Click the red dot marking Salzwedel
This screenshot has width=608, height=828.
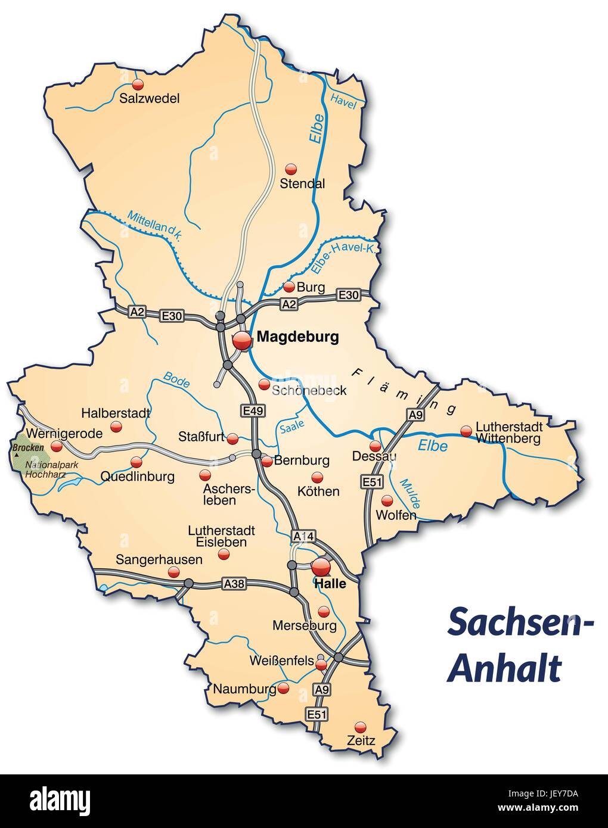pos(138,83)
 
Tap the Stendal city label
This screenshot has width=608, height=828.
pos(302,183)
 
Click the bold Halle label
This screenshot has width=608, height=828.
pos(329,584)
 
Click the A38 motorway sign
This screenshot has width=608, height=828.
pos(233,584)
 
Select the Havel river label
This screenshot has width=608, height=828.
pos(343,102)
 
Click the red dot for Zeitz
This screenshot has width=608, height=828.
pos(360,727)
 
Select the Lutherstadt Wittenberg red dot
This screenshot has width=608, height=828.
pos(466,431)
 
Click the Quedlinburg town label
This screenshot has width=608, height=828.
pos(137,477)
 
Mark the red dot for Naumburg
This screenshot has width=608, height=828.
pos(284,688)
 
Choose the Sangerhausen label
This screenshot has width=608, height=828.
pos(159,560)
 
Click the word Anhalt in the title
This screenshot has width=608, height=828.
pos(504,668)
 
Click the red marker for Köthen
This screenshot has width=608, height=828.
pos(317,477)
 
